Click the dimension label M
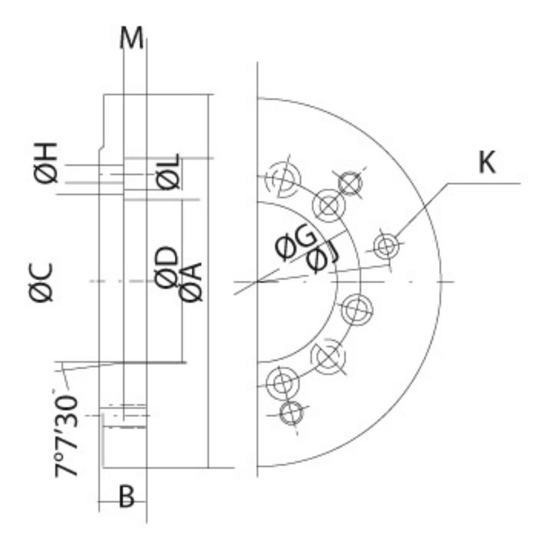(x=131, y=38)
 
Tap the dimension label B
(x=126, y=497)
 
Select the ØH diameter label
(x=46, y=163)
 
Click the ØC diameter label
(x=41, y=282)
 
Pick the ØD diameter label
(x=166, y=268)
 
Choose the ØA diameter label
(x=190, y=282)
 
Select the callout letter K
(x=487, y=162)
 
